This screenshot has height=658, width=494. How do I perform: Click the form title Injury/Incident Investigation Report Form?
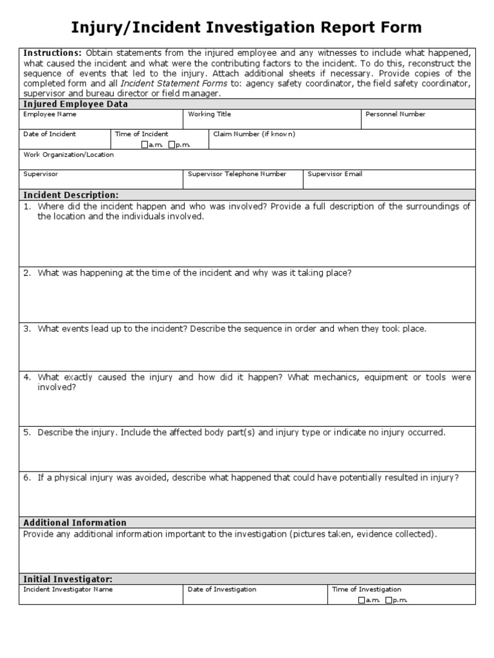tap(246, 27)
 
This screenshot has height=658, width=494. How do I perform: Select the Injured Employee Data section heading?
tap(75, 104)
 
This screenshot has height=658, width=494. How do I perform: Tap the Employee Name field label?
tap(50, 114)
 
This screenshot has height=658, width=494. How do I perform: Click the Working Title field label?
tap(209, 114)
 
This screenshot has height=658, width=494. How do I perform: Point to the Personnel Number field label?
tap(395, 114)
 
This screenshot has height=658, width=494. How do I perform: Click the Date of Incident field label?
tap(50, 134)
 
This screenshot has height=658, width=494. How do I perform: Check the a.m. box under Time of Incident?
tap(145, 145)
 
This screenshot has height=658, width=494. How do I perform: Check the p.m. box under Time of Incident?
tap(172, 145)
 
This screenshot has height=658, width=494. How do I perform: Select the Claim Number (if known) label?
tap(254, 134)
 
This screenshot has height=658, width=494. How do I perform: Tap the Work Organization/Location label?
tap(68, 155)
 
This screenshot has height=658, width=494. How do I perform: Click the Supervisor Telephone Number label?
tap(237, 174)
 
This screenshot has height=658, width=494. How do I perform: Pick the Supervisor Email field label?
tap(334, 174)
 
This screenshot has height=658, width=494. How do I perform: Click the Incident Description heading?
tap(71, 195)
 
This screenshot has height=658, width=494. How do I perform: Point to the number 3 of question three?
tap(26, 329)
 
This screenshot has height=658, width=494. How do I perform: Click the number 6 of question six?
tap(26, 477)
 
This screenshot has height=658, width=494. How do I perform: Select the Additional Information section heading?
tap(75, 522)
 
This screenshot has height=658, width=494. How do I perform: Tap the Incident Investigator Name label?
tap(68, 589)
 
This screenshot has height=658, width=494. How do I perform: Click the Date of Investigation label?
tap(221, 589)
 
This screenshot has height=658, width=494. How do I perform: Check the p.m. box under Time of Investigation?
tap(389, 600)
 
